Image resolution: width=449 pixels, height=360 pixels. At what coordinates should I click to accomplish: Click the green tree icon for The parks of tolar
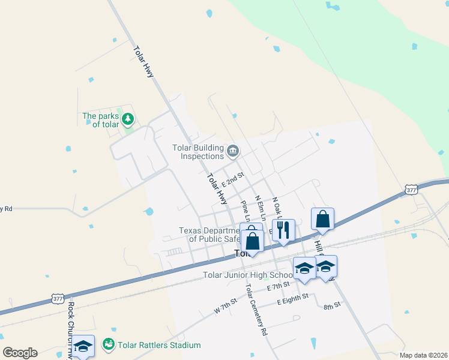[127, 119]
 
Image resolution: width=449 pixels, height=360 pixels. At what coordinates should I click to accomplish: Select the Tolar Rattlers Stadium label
[159, 345]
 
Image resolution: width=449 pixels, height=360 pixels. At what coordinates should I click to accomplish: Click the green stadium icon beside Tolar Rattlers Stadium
[109, 344]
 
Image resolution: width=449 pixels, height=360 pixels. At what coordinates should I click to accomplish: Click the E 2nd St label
[233, 179]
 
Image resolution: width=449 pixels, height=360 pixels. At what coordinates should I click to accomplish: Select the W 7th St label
[226, 309]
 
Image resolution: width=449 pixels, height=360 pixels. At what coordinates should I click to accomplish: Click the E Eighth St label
[292, 297]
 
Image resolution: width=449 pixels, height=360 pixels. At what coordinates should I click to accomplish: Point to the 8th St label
[332, 305]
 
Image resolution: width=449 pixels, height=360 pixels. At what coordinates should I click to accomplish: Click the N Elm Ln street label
[260, 206]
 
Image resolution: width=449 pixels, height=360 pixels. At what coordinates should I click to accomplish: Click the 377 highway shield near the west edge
[58, 298]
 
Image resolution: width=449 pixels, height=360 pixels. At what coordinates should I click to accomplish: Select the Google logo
[20, 353]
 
